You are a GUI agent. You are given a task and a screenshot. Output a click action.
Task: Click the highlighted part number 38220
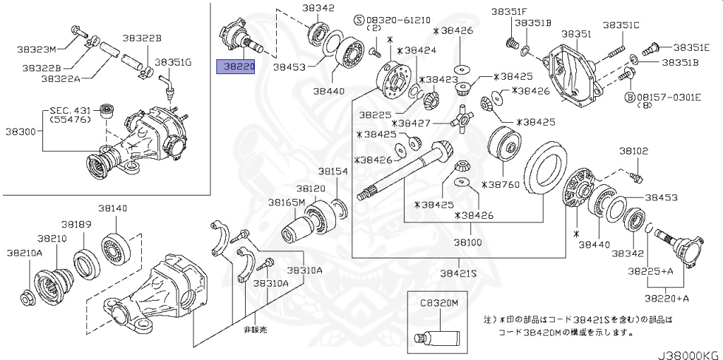(235, 67)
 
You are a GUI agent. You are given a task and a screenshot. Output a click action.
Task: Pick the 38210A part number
(25, 252)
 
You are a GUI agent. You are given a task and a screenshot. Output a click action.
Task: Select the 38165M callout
(286, 202)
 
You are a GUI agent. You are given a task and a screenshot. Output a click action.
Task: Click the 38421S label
(459, 273)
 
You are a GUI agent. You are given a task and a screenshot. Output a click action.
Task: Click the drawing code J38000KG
(684, 353)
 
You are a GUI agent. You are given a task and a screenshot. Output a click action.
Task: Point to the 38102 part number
(634, 151)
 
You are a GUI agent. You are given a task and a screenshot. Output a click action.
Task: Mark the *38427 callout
(415, 123)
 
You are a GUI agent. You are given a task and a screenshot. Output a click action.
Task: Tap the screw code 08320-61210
(402, 19)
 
